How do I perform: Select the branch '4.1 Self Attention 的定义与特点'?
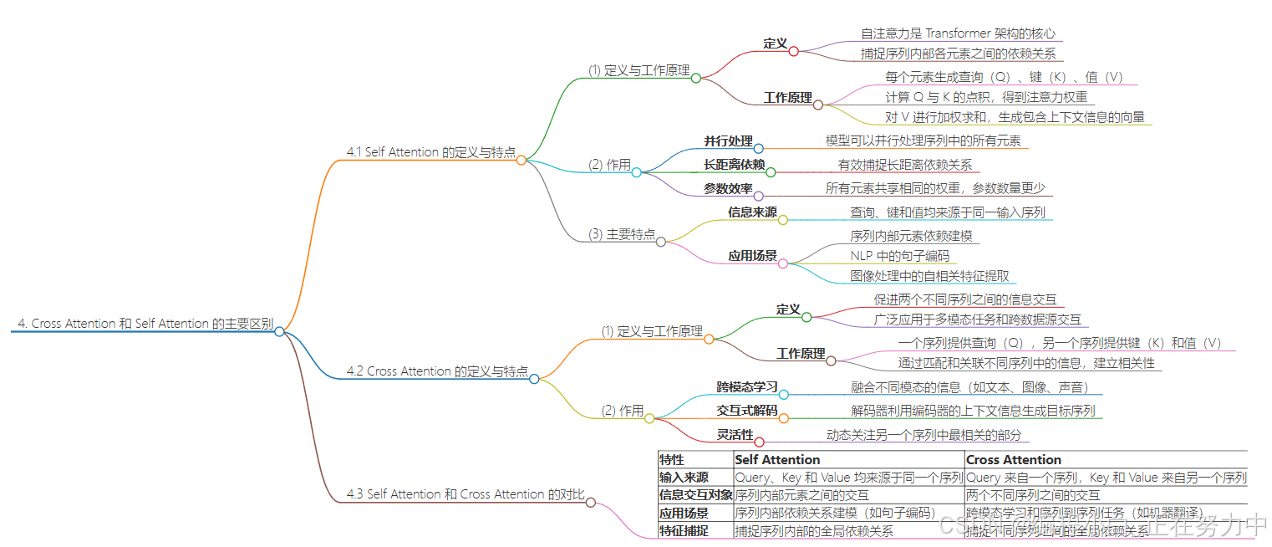tap(430, 152)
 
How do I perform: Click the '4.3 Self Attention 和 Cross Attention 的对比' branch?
tap(466, 494)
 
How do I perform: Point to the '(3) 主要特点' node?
tap(622, 234)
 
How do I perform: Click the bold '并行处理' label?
tap(728, 141)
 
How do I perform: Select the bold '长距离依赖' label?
tap(735, 166)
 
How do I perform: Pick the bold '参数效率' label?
tap(728, 189)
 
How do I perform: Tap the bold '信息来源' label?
tap(752, 212)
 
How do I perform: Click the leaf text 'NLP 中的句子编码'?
tap(899, 256)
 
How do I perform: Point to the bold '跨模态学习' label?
tap(747, 387)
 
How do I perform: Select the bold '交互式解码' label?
tap(747, 411)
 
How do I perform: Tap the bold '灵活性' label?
tap(735, 435)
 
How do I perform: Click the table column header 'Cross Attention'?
tap(1013, 460)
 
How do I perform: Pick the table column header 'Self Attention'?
tap(777, 460)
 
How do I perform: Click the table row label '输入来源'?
tap(684, 478)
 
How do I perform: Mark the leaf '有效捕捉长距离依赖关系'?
tap(905, 166)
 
